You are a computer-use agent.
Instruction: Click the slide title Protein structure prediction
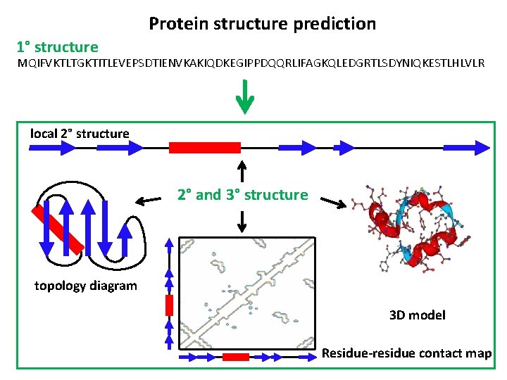click(x=262, y=24)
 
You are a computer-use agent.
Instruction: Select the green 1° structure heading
click(x=58, y=47)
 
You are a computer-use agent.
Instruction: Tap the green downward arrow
click(x=244, y=97)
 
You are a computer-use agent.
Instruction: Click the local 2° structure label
click(x=80, y=134)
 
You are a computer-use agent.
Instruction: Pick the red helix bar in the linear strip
click(x=205, y=147)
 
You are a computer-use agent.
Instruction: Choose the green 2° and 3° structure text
click(x=243, y=195)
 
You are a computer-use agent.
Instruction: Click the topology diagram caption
click(x=86, y=285)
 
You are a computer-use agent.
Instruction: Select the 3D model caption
click(x=418, y=315)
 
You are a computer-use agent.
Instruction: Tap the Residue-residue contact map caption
click(x=406, y=353)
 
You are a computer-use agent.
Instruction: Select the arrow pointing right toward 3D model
click(x=333, y=203)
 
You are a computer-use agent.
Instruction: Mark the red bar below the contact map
click(x=237, y=357)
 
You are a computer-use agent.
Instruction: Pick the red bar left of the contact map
click(x=169, y=305)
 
